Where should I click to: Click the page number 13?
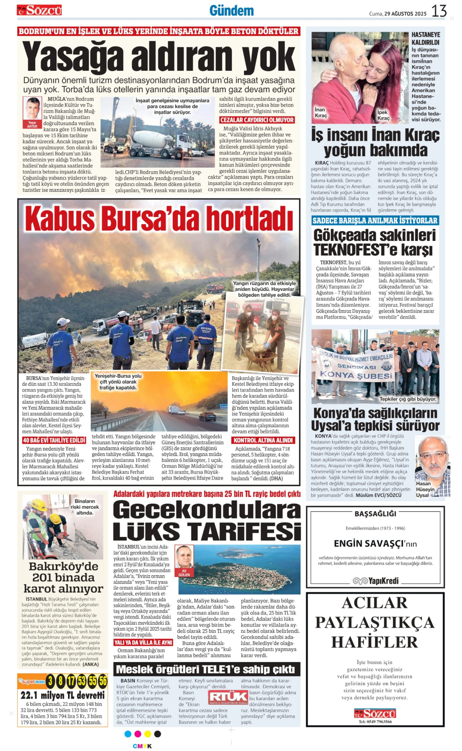tap(439, 11)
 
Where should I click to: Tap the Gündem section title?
tap(231, 11)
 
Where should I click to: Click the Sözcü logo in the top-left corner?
tap(39, 10)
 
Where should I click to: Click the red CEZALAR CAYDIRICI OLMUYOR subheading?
tap(257, 120)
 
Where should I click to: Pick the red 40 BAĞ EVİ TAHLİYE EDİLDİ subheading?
tap(54, 440)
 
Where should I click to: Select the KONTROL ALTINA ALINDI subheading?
tap(263, 440)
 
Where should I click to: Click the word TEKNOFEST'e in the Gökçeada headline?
tap(356, 250)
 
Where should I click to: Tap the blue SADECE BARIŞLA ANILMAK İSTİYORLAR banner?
tap(375, 220)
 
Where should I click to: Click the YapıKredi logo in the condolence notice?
tap(375, 581)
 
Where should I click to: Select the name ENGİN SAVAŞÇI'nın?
tap(375, 544)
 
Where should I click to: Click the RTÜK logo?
tap(228, 697)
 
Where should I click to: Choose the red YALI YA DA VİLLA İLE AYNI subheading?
tap(143, 642)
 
